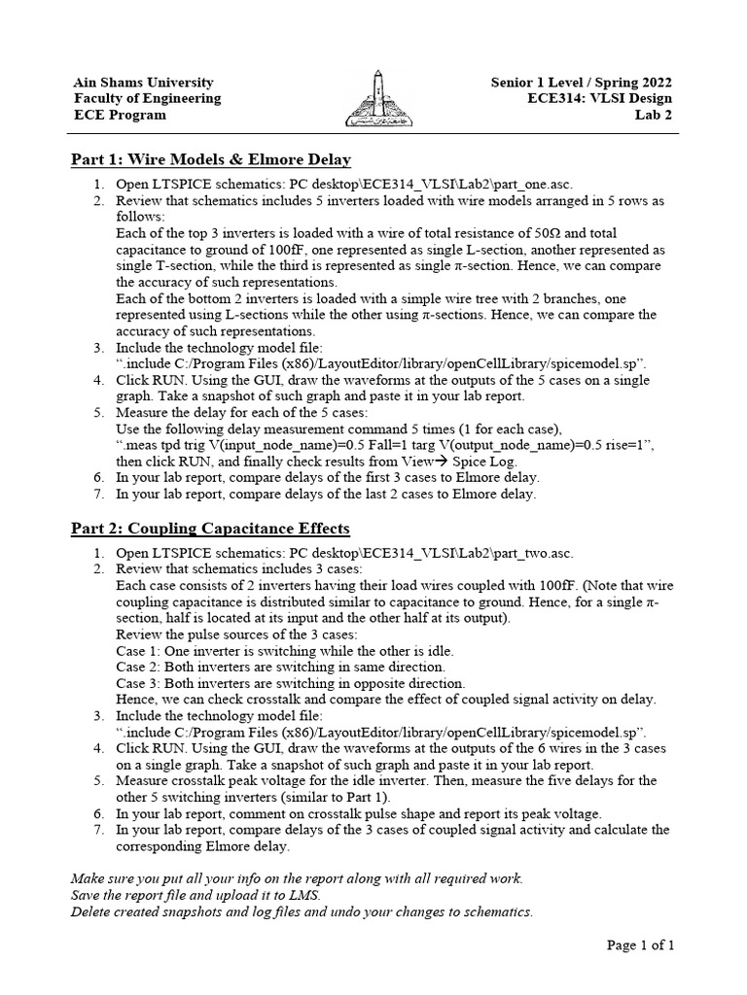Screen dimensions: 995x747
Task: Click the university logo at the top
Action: point(373,99)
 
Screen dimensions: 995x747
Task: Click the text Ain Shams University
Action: point(143,83)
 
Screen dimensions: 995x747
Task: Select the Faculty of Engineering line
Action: point(147,98)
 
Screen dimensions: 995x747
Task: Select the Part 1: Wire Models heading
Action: point(211,159)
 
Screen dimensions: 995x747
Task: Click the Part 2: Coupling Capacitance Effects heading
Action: point(210,528)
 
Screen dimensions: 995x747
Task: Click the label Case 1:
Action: point(140,651)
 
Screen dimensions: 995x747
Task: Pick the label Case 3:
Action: point(140,683)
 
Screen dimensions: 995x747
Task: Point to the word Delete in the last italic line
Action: point(93,911)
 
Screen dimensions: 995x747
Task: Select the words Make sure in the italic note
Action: point(104,878)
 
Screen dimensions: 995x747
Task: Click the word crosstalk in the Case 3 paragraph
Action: point(267,700)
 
